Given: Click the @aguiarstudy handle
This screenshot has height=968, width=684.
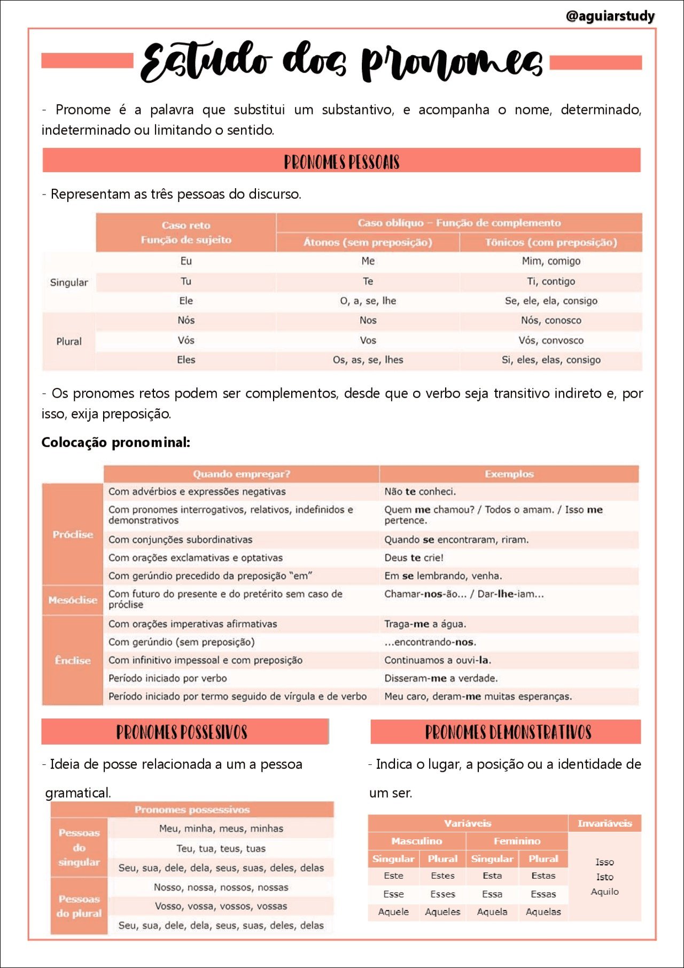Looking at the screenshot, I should click(610, 16).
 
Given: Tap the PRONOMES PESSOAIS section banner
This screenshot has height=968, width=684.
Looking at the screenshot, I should click(341, 161).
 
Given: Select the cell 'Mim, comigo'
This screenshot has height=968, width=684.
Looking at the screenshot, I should click(550, 261).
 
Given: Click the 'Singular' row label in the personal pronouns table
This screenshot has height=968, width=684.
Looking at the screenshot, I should click(69, 282).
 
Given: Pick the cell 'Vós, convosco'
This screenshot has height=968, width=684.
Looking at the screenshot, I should click(550, 340).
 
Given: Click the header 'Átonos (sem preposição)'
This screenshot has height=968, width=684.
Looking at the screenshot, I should click(368, 242).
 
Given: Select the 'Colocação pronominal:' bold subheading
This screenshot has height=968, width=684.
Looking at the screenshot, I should click(116, 442).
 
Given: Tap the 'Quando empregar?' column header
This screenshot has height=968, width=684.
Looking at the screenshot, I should click(241, 474).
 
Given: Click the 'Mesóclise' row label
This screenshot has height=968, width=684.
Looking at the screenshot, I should click(73, 600).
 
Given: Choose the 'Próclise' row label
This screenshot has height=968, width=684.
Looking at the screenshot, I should click(73, 534).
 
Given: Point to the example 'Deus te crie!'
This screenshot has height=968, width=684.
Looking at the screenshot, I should click(414, 557).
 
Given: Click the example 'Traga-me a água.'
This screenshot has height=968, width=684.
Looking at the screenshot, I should click(425, 624).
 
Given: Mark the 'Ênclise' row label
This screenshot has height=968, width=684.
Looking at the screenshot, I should click(73, 660).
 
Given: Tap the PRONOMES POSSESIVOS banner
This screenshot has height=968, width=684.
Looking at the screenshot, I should click(182, 732).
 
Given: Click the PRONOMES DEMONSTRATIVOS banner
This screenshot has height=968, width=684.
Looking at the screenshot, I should click(508, 732).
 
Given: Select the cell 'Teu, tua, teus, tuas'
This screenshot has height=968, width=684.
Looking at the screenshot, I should click(221, 848).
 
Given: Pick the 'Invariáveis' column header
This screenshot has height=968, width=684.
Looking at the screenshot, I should click(604, 823).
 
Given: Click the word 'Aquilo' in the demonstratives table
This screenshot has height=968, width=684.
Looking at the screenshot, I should click(604, 892).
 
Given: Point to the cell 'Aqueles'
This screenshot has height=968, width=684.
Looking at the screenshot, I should click(442, 912).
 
